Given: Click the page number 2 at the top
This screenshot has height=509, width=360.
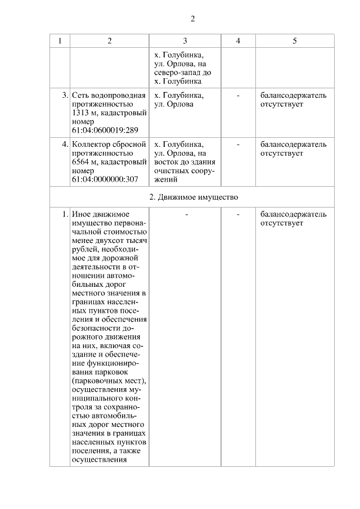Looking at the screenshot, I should (192, 19).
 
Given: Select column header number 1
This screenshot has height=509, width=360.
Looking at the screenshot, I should (60, 41).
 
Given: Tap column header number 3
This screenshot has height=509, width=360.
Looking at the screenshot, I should (185, 41).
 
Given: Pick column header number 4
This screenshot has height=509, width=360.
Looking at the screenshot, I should (238, 41).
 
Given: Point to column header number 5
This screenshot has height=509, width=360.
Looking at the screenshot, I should (295, 41).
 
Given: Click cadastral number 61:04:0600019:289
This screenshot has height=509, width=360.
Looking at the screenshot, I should (105, 130).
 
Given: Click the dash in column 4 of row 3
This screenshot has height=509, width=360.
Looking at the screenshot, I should (238, 96).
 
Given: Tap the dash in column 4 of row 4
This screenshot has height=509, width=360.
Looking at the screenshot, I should (238, 145).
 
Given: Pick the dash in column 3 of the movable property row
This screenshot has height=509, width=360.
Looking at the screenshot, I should (185, 214).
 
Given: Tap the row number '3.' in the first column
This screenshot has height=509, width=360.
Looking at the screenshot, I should (65, 96).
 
